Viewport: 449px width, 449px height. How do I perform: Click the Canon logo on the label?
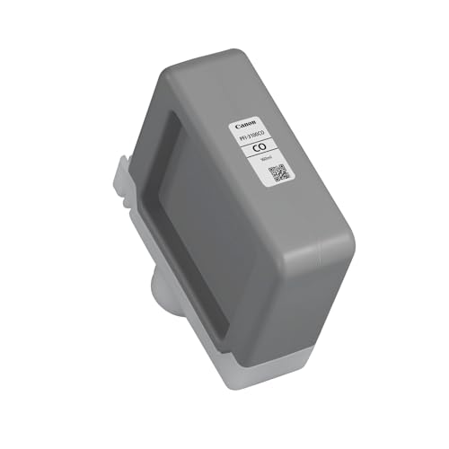coord(246,125)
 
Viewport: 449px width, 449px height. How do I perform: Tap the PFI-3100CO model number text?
coord(251,136)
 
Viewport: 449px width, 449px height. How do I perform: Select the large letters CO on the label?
coord(260,147)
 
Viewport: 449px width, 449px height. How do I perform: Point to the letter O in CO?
coord(264,146)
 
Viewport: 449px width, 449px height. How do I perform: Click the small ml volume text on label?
coord(264,158)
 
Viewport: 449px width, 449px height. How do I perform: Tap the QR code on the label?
coord(278,173)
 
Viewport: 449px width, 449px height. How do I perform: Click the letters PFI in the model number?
coord(242,138)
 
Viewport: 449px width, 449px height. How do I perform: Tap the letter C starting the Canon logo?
coord(237,127)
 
